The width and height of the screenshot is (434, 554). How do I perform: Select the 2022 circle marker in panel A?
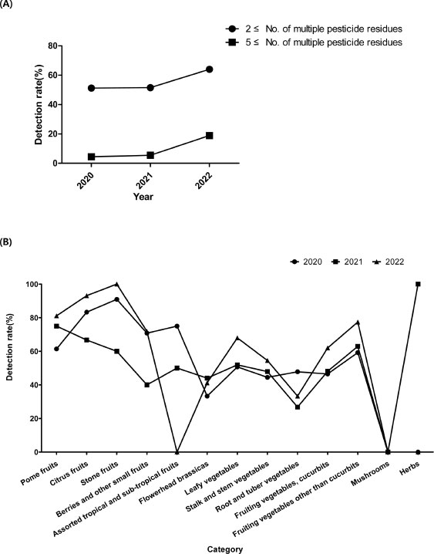pyautogui.click(x=209, y=69)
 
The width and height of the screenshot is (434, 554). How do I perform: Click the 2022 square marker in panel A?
pyautogui.click(x=209, y=136)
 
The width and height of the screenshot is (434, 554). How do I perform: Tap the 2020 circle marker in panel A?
pyautogui.click(x=92, y=88)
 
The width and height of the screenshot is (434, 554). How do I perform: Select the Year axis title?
pyautogui.click(x=142, y=197)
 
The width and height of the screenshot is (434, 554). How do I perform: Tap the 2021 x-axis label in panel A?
pyautogui.click(x=144, y=181)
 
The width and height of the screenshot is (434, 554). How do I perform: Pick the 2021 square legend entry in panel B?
pyautogui.click(x=348, y=262)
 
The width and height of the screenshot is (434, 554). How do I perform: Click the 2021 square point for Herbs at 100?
pyautogui.click(x=418, y=284)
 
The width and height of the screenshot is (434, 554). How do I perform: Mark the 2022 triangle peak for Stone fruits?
pyautogui.click(x=116, y=284)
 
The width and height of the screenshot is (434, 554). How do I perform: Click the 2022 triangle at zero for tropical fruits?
pyautogui.click(x=177, y=451)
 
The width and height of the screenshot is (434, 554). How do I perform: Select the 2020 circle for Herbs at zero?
pyautogui.click(x=418, y=452)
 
